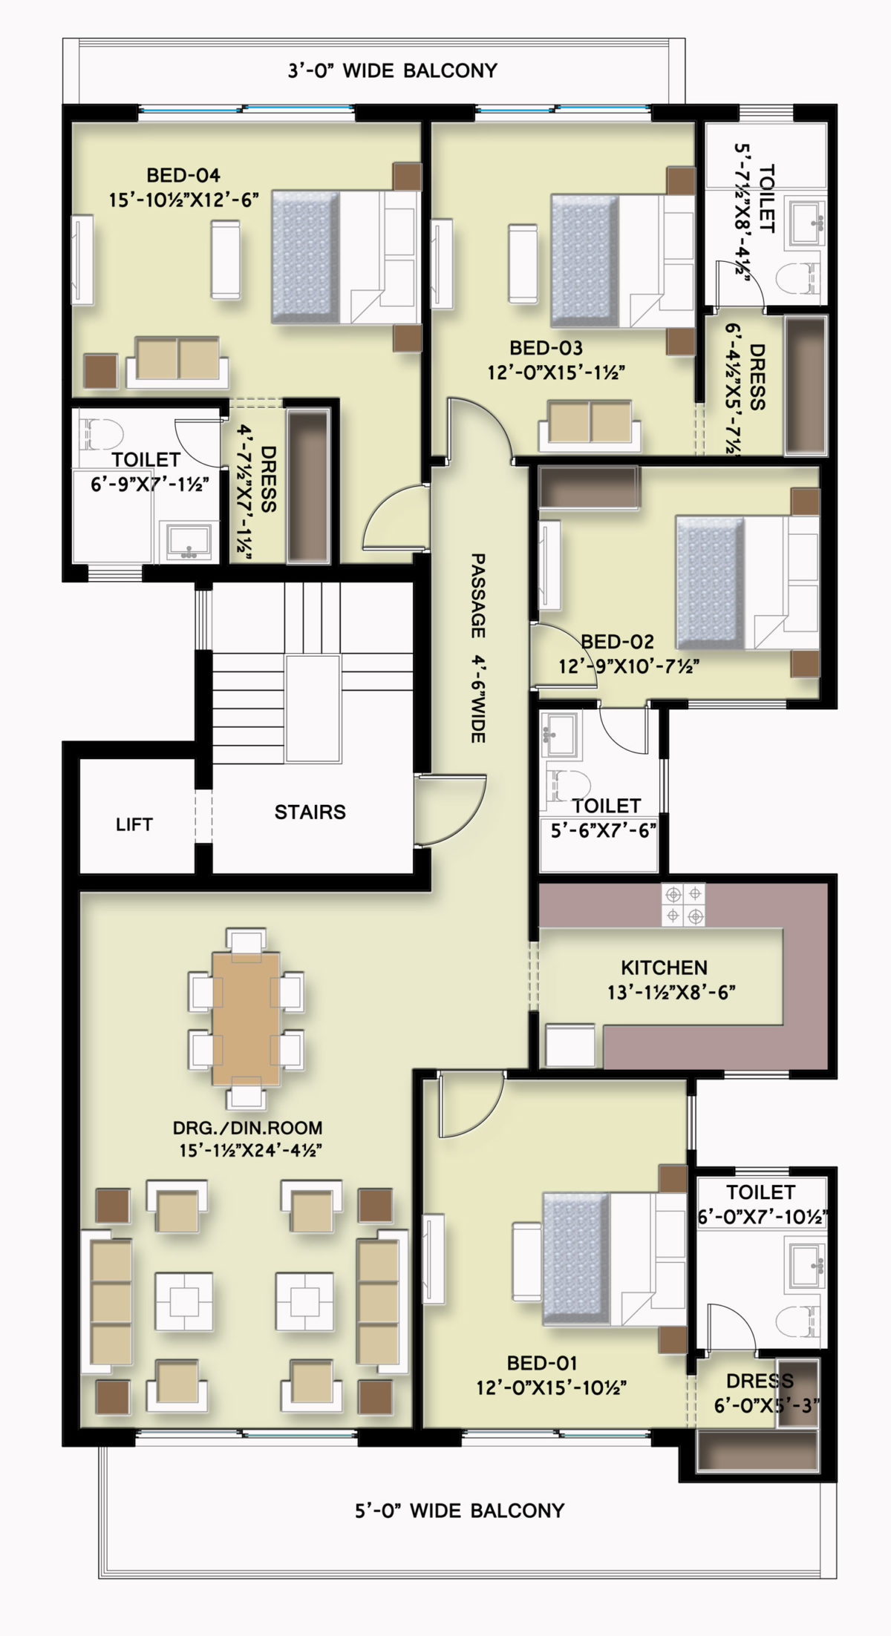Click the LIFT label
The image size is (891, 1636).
point(134,824)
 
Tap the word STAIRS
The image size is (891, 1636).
point(310,812)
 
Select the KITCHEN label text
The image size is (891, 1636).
point(664,968)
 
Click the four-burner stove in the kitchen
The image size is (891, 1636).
point(684,905)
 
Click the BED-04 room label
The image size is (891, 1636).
point(183,176)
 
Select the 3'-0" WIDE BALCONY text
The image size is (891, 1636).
point(392,70)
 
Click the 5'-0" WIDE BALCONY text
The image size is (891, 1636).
point(459,1511)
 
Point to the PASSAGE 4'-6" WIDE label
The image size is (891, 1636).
point(477,647)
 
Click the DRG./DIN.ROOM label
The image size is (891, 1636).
point(247,1129)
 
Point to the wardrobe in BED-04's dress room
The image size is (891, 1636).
point(307,487)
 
